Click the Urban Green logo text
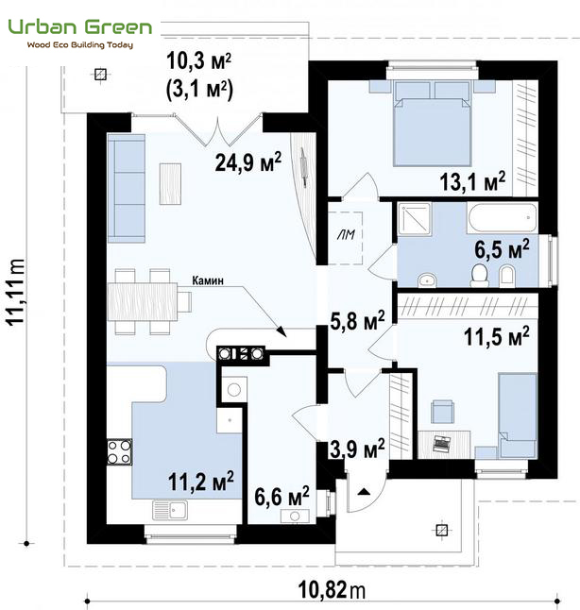pos(79,28)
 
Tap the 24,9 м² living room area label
pos(247,161)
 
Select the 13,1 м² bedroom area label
pos(472,181)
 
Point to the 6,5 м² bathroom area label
pos(502,249)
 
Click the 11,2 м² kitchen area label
pos(201,481)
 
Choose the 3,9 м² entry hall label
pos(357,449)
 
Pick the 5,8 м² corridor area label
pos(357,320)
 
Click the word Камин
pos(208,280)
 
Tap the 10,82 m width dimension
pos(332,590)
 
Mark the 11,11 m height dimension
pos(16,292)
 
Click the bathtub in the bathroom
pos(503,217)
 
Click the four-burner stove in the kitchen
pos(120,451)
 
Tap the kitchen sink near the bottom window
pos(170,510)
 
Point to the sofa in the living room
pos(127,188)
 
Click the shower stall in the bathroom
pos(414,219)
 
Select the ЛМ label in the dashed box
pos(346,234)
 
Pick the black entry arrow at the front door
pos(364,492)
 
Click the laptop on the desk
pos(441,443)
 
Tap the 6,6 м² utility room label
pos(281,496)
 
